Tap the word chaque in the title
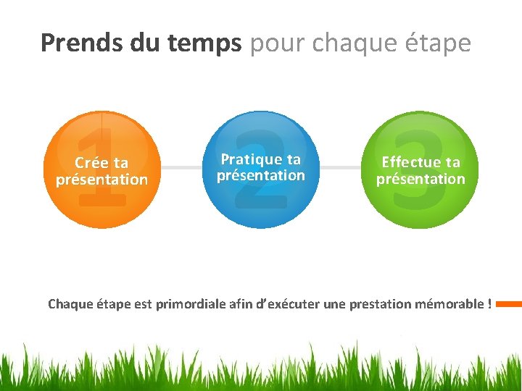point(352,43)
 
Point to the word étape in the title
point(438,43)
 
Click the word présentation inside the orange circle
point(101,180)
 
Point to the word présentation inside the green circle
point(420,179)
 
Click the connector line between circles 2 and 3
point(341,167)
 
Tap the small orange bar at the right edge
point(509,304)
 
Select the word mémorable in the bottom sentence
point(449,304)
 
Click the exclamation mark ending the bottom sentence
point(489,304)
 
